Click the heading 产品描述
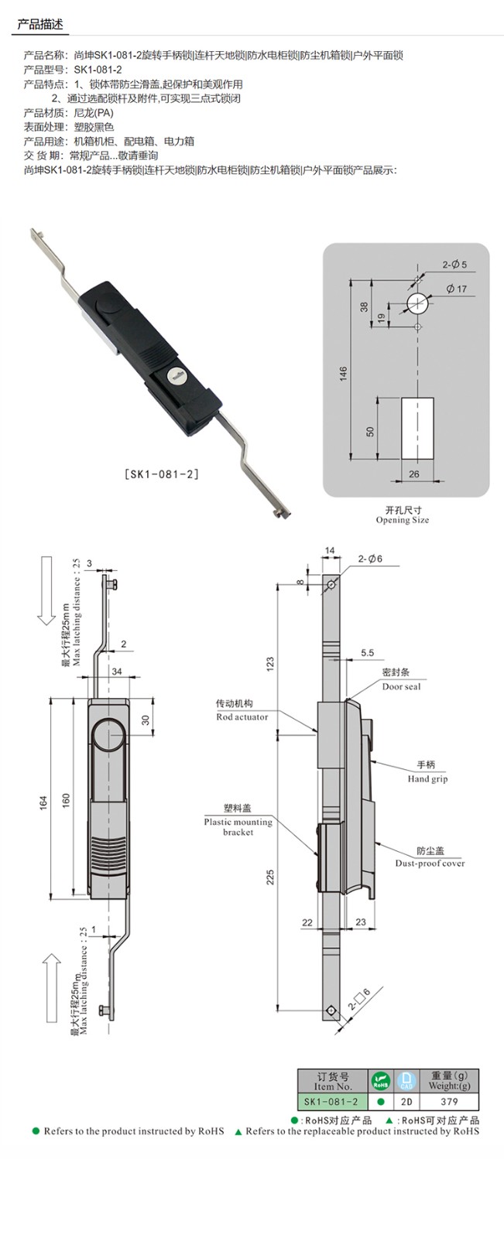39,25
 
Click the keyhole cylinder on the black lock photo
175,377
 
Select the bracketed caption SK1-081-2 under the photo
162,474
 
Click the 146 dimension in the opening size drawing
343,374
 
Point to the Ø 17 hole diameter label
457,289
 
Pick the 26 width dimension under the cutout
414,474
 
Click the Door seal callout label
401,686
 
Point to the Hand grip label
427,778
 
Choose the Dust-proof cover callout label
430,863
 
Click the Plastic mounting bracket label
238,826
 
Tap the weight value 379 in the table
449,1102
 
